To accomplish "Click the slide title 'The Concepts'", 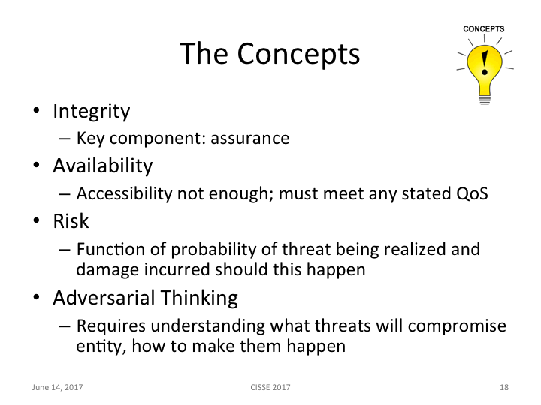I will pyautogui.click(x=270, y=54).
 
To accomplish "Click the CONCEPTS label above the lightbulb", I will pyautogui.click(x=484, y=29).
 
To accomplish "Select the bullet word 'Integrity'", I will pyautogui.click(x=91, y=111).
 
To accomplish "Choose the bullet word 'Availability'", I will pyautogui.click(x=102, y=165).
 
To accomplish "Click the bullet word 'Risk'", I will pyautogui.click(x=71, y=221).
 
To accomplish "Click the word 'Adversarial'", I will pyautogui.click(x=105, y=298).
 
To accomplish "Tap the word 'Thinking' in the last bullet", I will pyautogui.click(x=201, y=298).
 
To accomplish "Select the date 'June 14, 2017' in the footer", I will pyautogui.click(x=57, y=387).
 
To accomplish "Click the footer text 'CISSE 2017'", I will pyautogui.click(x=270, y=387).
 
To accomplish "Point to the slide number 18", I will pyautogui.click(x=504, y=387).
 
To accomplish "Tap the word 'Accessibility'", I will pyautogui.click(x=124, y=193).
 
